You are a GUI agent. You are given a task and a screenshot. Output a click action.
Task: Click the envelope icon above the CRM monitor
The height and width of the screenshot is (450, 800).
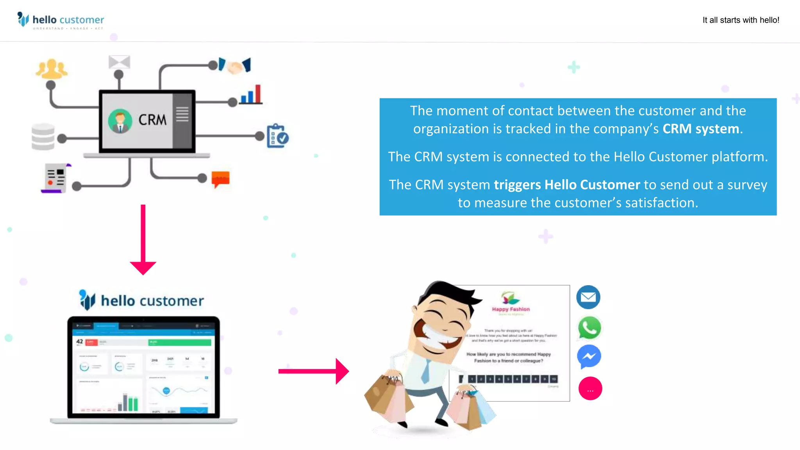coord(119,62)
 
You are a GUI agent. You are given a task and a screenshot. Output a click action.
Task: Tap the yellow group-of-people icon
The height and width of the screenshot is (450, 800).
coord(51,69)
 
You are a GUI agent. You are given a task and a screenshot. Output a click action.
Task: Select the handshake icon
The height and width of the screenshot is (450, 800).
coord(235,66)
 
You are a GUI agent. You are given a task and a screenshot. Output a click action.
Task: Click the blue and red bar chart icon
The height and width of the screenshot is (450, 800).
coord(251,95)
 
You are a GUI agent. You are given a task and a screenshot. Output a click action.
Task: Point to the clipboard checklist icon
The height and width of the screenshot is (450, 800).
coord(277,136)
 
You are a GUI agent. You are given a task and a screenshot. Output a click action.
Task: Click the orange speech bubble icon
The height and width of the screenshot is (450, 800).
coord(220,179)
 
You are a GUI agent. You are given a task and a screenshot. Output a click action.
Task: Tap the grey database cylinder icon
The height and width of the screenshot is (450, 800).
coord(43,137)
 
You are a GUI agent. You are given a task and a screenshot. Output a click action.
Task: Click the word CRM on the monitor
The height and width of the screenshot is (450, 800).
coord(152,120)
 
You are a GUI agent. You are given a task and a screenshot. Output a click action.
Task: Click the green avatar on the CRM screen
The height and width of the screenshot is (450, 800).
coord(120,121)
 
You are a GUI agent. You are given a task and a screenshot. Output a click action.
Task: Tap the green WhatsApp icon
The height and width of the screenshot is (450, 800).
coord(589,327)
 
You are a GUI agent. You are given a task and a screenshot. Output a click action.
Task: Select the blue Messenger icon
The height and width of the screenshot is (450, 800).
coord(589,356)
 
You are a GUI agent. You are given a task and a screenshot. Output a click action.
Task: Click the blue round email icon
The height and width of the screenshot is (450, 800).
coord(588,297)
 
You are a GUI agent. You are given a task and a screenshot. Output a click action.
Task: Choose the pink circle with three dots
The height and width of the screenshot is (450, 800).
coord(590,389)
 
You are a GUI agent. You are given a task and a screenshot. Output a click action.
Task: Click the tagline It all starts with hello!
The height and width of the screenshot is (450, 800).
coord(741,20)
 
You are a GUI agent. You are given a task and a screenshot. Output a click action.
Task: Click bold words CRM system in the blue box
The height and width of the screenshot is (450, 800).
coord(700,129)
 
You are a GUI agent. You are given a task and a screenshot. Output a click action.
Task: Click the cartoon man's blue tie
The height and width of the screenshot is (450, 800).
coord(426,371)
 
